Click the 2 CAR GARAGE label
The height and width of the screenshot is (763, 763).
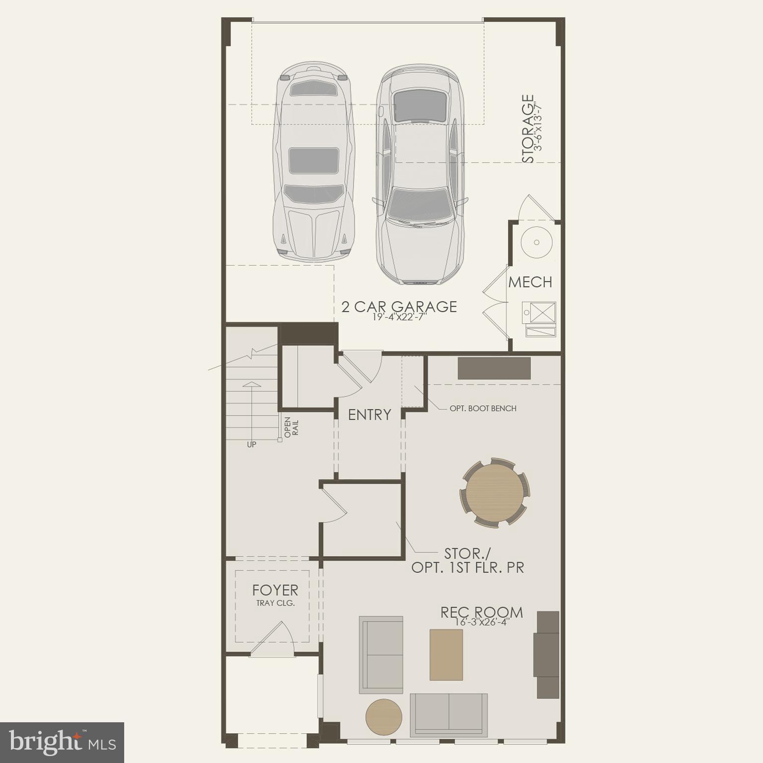point(399,306)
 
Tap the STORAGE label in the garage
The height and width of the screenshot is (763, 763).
point(528,129)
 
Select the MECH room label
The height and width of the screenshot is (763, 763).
point(530,282)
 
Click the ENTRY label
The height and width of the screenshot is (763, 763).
point(369,415)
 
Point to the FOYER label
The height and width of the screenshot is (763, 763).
point(275,590)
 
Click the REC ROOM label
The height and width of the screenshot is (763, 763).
point(481,612)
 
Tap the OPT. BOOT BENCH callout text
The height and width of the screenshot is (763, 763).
point(483,408)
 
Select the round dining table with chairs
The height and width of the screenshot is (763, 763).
point(494,492)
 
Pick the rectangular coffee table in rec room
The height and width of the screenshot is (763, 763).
point(446,654)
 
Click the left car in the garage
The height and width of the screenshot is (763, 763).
point(313,161)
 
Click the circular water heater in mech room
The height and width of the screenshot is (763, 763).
point(536,242)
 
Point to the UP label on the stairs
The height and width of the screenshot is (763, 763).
point(251,445)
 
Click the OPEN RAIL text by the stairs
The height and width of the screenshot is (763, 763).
point(292,427)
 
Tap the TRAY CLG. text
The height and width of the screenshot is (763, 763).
point(275,603)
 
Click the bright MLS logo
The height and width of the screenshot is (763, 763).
point(62,743)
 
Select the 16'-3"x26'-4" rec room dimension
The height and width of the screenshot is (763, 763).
point(481,622)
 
